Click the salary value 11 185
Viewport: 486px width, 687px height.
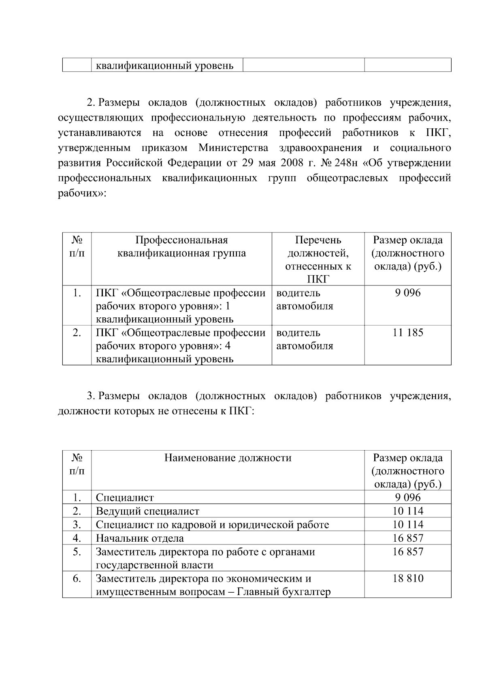[407, 333]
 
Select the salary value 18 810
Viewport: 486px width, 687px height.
[407, 579]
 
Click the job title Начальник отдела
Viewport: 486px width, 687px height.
[140, 538]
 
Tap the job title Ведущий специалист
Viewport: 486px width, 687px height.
[147, 512]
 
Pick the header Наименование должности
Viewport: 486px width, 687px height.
[228, 458]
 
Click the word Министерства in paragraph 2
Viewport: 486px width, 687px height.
[233, 148]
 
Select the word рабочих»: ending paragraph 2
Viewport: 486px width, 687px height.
[82, 193]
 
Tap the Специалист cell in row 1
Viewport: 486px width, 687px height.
[125, 498]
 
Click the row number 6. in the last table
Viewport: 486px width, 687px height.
[77, 579]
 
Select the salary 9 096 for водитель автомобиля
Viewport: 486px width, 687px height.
[407, 293]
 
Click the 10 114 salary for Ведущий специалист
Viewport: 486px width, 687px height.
[407, 512]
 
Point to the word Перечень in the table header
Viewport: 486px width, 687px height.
[318, 240]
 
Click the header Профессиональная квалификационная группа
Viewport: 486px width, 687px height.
[181, 247]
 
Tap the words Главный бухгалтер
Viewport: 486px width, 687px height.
[283, 592]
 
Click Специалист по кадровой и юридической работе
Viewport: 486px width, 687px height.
[212, 525]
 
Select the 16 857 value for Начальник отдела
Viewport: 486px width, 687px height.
[407, 538]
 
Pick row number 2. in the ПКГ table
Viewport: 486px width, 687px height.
[77, 333]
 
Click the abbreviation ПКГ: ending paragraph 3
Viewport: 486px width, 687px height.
[241, 412]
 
